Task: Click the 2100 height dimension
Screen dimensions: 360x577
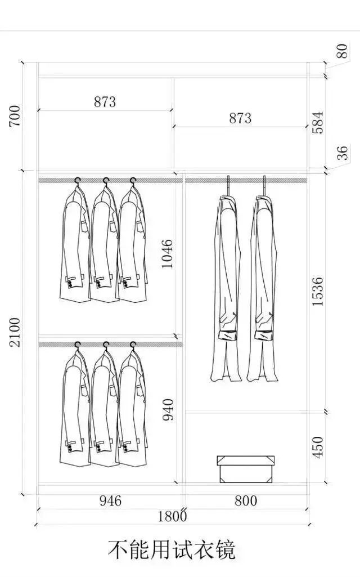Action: click(x=15, y=332)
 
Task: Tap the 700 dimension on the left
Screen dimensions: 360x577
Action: click(x=15, y=116)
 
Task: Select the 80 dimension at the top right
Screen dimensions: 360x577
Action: click(x=341, y=51)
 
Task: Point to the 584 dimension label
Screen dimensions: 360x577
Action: click(x=317, y=122)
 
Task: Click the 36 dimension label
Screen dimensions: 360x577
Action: click(x=341, y=153)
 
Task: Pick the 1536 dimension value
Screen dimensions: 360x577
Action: click(x=317, y=292)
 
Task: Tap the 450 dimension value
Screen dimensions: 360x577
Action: click(x=317, y=448)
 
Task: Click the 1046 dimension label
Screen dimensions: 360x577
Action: click(x=167, y=254)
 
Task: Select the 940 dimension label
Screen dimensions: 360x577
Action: click(x=168, y=410)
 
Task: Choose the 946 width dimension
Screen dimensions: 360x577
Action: click(x=110, y=501)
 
